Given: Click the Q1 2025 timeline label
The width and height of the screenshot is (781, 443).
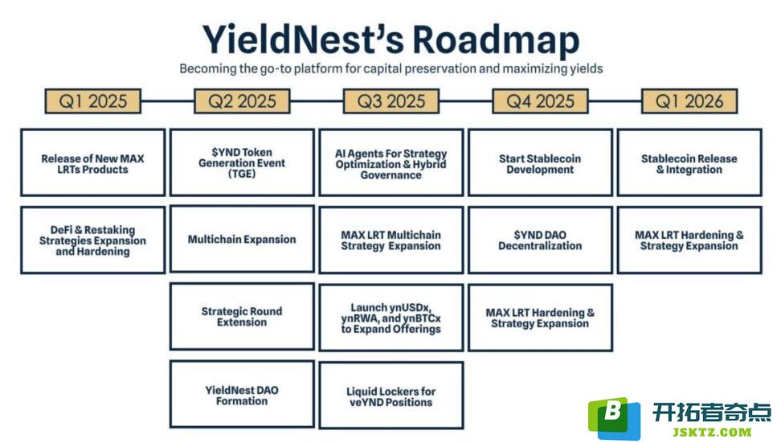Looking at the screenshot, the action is click(92, 101).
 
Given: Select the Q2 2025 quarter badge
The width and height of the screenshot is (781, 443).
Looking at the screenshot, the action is click(242, 101).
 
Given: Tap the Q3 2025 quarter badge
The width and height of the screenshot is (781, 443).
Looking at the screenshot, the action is click(391, 101).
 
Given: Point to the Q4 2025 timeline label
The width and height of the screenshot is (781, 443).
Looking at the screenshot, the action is click(541, 101).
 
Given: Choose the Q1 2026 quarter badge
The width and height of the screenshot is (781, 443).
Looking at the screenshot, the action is click(689, 101).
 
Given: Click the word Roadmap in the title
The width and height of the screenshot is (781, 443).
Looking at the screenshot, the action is click(496, 40).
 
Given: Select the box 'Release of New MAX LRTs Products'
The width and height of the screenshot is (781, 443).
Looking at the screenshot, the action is click(92, 162).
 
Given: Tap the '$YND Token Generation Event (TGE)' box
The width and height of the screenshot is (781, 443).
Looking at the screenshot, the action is click(242, 162).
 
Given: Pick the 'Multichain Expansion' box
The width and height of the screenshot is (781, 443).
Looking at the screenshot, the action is click(242, 240).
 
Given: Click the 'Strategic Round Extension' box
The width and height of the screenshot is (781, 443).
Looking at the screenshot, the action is click(242, 317).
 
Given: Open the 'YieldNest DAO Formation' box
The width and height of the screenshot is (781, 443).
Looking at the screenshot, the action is click(242, 395).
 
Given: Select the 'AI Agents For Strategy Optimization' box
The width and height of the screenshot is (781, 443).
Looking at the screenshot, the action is click(391, 162).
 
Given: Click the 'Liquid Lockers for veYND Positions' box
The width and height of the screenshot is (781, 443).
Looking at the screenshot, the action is click(391, 395).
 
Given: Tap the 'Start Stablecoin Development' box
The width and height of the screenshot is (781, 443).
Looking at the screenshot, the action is click(541, 162).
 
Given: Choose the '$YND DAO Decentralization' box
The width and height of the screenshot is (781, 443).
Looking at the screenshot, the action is click(541, 240).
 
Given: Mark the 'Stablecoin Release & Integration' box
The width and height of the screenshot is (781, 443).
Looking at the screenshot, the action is click(689, 162).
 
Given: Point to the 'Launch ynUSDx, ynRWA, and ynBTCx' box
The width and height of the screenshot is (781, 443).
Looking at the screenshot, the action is click(391, 318).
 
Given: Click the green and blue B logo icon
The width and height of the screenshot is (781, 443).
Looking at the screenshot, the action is click(614, 417).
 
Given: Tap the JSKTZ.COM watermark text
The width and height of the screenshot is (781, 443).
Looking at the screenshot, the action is click(712, 432).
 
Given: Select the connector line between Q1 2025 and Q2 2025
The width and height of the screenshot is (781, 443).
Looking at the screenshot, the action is click(167, 101).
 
